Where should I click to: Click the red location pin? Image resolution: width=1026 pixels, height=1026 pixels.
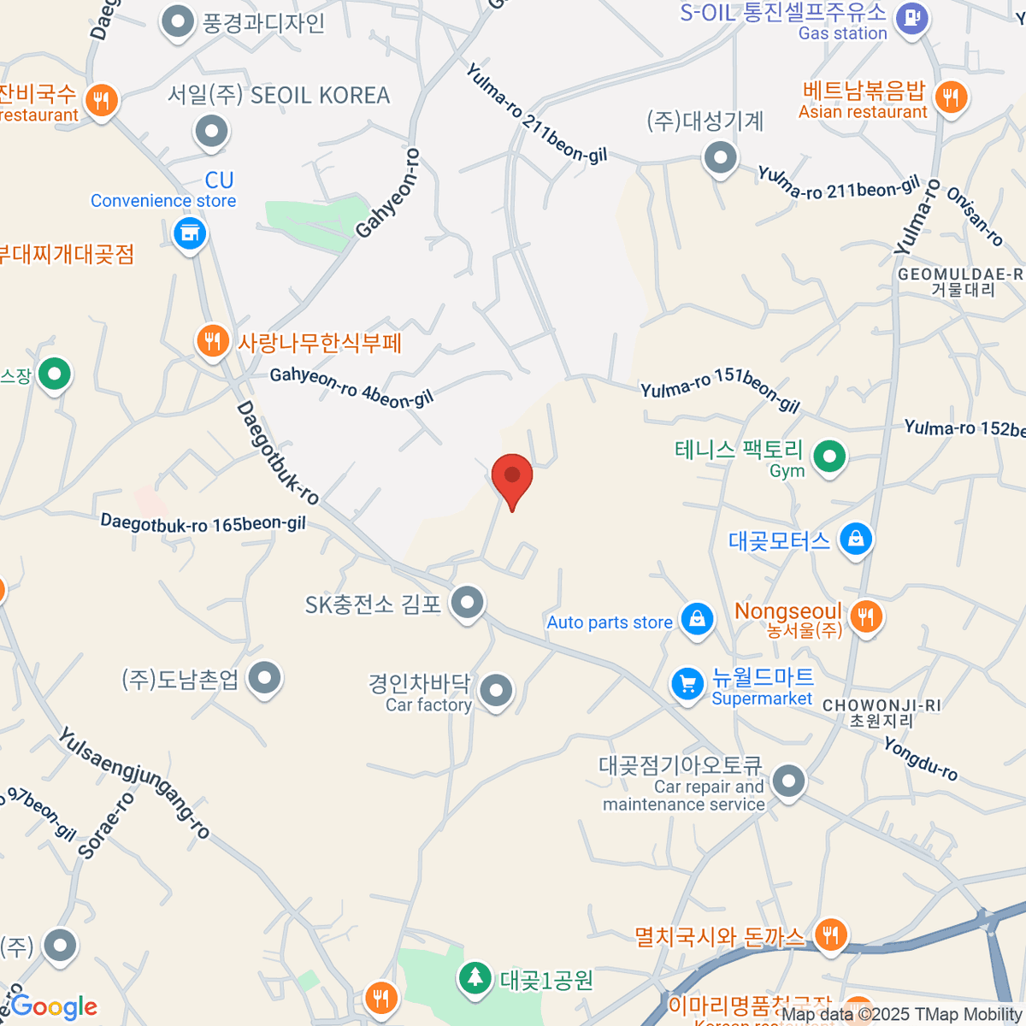[x=512, y=477]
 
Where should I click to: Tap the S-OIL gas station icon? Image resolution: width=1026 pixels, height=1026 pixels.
[x=912, y=17]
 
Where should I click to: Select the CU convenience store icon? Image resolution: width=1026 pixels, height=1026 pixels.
[x=190, y=232]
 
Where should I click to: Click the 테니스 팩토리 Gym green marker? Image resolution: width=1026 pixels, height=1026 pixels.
[x=828, y=456]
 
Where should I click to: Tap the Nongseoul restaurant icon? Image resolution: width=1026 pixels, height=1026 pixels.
[x=866, y=615]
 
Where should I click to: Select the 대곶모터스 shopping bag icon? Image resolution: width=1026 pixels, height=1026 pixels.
[x=856, y=539]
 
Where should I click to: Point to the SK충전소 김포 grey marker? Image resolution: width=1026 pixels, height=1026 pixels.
[x=467, y=603]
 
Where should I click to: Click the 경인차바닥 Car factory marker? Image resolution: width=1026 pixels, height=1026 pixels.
[x=496, y=690]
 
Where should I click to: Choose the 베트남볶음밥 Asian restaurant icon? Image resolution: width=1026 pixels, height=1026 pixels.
[x=950, y=97]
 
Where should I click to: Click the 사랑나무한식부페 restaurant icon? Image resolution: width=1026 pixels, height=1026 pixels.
[x=212, y=341]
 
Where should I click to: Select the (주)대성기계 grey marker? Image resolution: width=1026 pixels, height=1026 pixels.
[x=720, y=157]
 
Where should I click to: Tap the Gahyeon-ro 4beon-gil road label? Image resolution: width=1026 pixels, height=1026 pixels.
[x=351, y=386]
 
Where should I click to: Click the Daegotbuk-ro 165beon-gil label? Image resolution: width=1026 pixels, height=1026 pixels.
[x=203, y=523]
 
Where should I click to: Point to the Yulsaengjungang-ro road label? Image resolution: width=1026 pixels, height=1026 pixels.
[x=134, y=781]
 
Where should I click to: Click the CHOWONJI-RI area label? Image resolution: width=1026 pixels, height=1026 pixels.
[x=882, y=705]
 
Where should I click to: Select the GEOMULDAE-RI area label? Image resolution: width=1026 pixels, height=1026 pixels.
[x=960, y=274]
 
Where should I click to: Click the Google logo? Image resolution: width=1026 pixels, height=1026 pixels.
[x=54, y=1006]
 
